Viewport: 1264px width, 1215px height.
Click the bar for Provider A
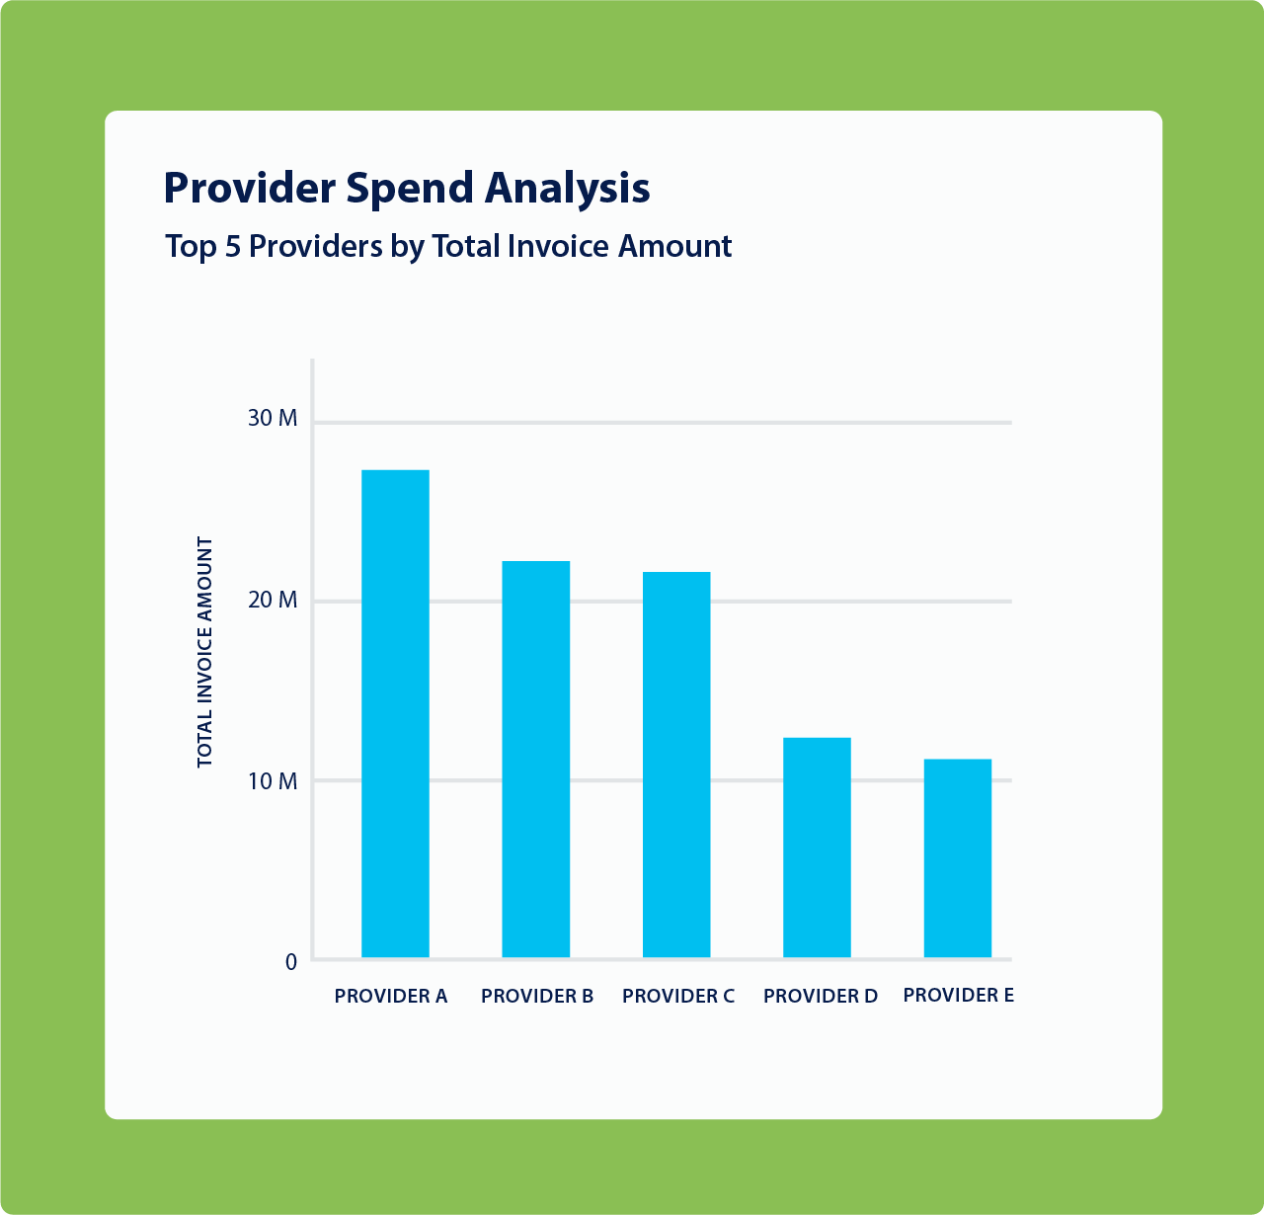(x=395, y=713)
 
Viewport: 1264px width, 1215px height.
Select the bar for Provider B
(x=536, y=759)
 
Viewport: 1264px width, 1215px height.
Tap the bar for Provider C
(x=676, y=765)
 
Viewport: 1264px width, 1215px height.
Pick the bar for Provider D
(x=817, y=848)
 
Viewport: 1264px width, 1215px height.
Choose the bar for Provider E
(x=958, y=858)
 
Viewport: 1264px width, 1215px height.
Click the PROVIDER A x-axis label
(x=391, y=996)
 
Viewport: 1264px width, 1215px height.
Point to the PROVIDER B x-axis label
(x=537, y=996)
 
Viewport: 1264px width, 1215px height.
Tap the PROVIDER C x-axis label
(x=678, y=996)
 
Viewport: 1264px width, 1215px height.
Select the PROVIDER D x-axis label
(x=821, y=996)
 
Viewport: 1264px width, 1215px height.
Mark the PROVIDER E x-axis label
(x=958, y=995)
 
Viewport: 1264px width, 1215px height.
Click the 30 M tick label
(x=273, y=419)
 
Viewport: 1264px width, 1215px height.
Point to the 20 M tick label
(x=273, y=601)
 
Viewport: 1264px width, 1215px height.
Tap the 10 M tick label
(x=273, y=781)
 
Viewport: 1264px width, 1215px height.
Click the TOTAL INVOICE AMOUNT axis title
(x=205, y=652)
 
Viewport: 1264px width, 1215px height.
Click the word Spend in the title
(x=410, y=189)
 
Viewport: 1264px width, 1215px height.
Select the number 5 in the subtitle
(x=232, y=246)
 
